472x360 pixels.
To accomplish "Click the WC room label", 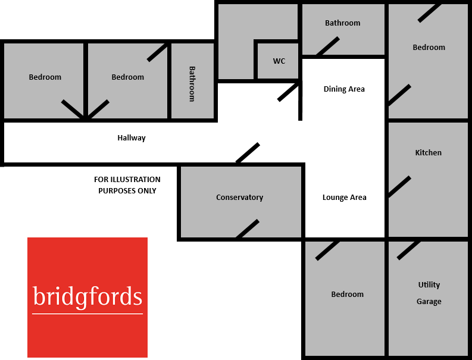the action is (x=279, y=61).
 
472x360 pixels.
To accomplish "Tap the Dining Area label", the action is (x=344, y=89).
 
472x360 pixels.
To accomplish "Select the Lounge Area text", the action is (x=344, y=198).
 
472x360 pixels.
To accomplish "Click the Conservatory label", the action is (x=239, y=198).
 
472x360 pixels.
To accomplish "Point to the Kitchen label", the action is (x=429, y=153).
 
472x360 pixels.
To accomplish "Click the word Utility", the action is (x=429, y=285).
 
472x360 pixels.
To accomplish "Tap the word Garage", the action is (x=429, y=302).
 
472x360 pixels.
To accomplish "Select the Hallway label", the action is (x=132, y=138).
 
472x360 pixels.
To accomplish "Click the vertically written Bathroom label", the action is (x=192, y=84).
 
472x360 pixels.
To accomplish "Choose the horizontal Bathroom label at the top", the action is (x=342, y=23).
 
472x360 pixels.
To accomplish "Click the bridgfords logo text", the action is (x=87, y=296).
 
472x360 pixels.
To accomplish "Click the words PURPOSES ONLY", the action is (x=127, y=191).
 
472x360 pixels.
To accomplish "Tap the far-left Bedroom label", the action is (x=45, y=77).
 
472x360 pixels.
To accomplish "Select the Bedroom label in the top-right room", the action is (x=429, y=48).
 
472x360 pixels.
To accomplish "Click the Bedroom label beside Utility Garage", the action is (x=347, y=295).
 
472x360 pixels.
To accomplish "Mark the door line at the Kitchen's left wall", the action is (x=399, y=186).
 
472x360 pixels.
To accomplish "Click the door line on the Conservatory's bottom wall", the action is (x=248, y=229).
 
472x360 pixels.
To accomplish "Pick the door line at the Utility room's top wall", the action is (x=408, y=249).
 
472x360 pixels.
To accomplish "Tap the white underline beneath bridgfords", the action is (x=87, y=313).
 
